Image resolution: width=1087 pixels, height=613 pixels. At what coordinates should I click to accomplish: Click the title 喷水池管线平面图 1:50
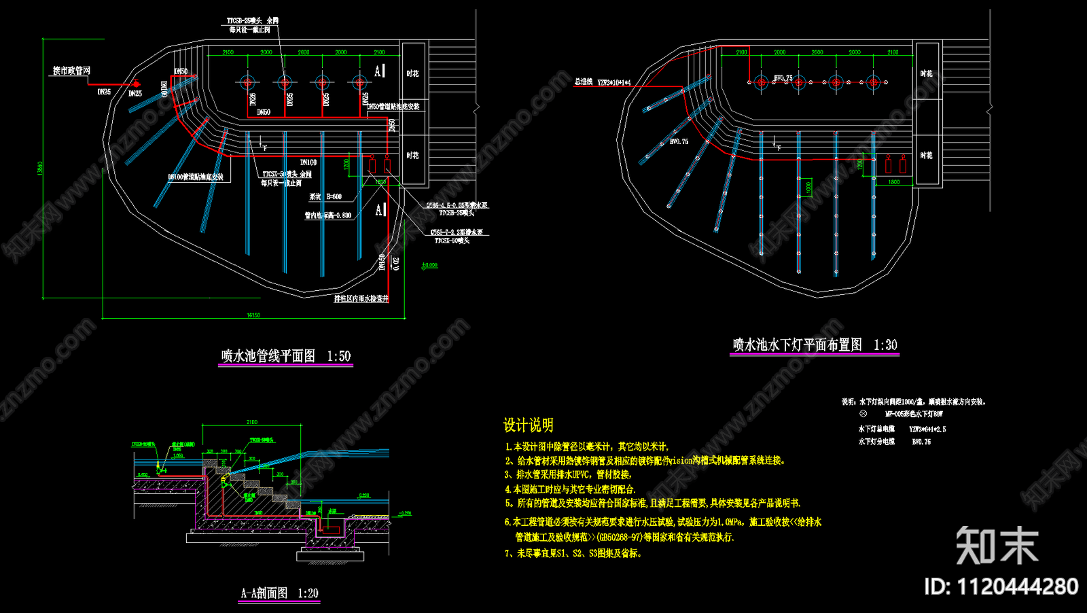285,356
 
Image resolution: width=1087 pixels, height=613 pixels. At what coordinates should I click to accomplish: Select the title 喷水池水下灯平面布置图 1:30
814,345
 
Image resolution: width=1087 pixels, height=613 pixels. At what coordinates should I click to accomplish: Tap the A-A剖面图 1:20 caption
279,593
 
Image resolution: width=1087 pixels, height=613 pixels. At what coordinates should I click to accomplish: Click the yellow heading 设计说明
528,425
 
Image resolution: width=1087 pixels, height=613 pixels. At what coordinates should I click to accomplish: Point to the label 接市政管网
71,71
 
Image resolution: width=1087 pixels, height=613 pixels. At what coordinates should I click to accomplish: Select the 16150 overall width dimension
253,315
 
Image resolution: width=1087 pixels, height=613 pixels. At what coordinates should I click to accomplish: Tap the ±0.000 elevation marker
429,266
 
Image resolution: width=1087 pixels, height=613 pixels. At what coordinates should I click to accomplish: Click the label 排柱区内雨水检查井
361,298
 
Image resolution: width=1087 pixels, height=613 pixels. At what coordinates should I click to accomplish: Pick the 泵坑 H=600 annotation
326,197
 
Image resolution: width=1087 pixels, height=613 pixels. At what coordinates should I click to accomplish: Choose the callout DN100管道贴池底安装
196,177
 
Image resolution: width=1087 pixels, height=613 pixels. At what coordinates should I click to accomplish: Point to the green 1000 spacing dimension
808,188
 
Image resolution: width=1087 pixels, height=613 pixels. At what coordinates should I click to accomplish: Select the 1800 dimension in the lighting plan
894,182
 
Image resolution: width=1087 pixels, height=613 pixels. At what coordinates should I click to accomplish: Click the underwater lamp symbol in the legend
863,413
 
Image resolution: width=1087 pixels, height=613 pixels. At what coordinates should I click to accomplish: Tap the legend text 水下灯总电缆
876,430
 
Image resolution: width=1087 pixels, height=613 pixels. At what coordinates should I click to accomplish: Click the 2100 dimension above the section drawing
252,423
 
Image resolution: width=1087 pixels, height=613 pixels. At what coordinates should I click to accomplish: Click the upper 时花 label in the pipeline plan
412,73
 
